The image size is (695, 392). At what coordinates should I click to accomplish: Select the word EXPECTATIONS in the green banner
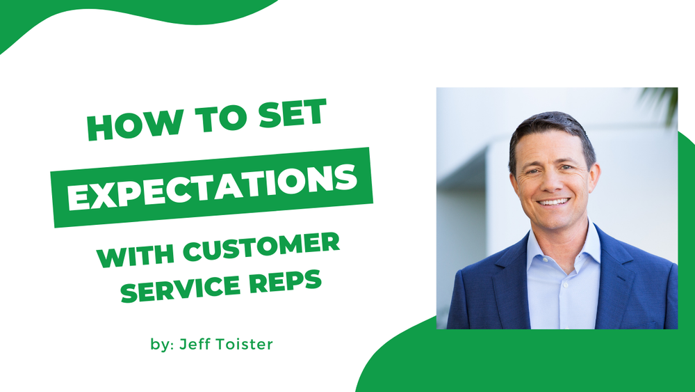coord(213,187)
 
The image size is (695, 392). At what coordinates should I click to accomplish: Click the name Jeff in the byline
coord(195,344)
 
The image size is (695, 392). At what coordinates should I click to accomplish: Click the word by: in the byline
coord(160,345)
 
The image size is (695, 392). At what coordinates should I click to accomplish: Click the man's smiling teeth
coord(554,202)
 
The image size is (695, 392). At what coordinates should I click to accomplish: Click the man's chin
coord(555,221)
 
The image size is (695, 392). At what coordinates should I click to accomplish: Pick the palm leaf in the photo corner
coord(664,101)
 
